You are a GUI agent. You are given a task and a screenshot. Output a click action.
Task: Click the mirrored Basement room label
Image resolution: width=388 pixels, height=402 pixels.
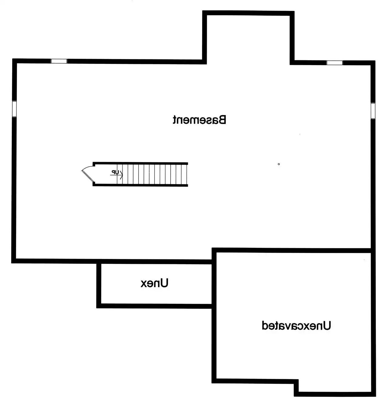199,120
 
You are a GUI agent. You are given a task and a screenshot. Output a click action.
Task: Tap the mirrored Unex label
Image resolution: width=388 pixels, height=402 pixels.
154,283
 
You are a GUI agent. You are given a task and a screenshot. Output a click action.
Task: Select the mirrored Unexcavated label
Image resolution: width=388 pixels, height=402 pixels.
296,326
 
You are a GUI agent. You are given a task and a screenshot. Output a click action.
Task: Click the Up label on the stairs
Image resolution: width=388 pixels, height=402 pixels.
115,172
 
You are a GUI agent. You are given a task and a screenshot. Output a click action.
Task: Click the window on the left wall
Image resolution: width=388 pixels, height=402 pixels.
14,109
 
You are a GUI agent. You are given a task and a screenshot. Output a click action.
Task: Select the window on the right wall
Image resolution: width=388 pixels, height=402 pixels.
373,111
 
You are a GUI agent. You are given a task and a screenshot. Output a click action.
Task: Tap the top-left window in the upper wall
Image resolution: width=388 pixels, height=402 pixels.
59,61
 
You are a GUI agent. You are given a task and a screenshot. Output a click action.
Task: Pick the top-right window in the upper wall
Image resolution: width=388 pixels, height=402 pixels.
335,63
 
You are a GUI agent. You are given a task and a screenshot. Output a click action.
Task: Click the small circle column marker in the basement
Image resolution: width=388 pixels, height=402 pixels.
279,164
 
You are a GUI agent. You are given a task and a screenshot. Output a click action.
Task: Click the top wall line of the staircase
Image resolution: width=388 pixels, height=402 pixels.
140,163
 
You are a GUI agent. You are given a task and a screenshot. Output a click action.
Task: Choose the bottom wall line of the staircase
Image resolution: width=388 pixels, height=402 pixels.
140,185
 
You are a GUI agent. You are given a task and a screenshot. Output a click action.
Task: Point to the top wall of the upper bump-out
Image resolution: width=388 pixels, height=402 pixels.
248,13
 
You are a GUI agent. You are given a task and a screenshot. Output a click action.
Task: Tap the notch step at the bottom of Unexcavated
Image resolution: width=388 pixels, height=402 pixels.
296,386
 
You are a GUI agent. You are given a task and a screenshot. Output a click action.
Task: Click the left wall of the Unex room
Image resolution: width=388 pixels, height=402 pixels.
99,285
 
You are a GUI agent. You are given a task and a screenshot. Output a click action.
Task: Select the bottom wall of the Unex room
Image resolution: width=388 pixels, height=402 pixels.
155,306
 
